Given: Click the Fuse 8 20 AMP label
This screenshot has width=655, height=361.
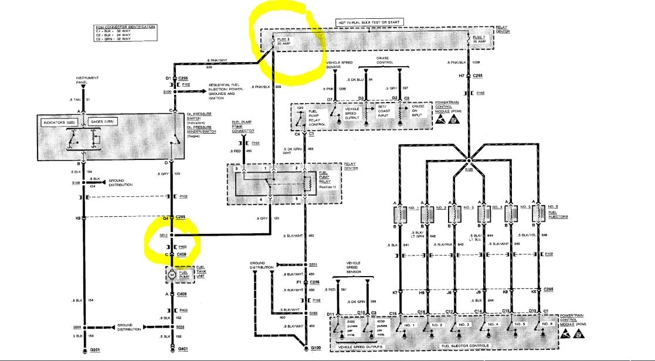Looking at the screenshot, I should click(286, 41).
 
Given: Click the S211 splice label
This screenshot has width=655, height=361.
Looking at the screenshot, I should click(163, 235).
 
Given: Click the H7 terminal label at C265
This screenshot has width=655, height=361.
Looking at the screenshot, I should click(462, 76).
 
